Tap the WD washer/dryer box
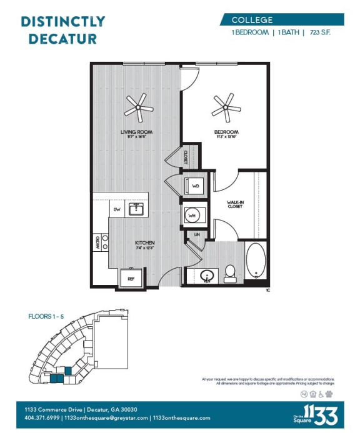194,186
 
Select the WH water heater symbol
192,216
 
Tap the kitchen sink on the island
135,209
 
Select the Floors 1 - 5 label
46,317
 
